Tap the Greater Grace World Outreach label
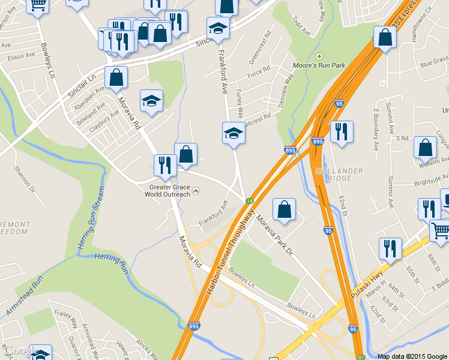tap(170, 190)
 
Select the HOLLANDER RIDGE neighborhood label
tap(339, 175)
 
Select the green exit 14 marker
tap(248, 200)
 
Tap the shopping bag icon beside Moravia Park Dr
tap(284, 209)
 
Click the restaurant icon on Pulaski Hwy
tap(390, 248)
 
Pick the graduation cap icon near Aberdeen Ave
tap(151, 100)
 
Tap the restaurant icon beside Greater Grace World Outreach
tap(164, 165)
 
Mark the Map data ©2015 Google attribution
tap(412, 356)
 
